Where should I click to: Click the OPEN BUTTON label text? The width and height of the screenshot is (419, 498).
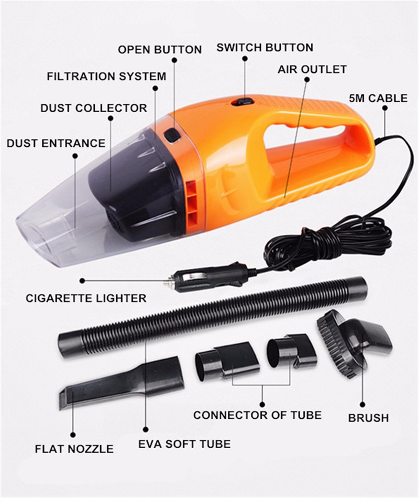click(160, 50)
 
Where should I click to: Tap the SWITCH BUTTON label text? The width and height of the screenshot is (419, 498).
click(264, 48)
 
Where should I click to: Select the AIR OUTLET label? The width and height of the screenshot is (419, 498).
click(312, 69)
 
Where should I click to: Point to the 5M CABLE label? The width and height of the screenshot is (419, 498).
click(378, 98)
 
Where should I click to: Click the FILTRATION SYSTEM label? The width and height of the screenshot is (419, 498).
click(107, 77)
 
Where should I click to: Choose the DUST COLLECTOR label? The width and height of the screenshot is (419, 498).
click(94, 108)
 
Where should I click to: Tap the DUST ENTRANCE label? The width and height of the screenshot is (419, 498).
click(56, 143)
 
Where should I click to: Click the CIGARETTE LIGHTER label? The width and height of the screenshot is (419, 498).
click(86, 298)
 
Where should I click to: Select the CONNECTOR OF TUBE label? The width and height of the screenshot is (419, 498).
click(258, 415)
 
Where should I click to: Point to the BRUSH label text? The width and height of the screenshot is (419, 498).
click(369, 418)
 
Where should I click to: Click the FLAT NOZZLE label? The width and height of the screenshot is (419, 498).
click(74, 449)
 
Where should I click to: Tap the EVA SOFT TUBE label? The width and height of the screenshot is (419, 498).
click(184, 444)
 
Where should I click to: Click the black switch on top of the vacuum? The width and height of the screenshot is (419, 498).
click(242, 102)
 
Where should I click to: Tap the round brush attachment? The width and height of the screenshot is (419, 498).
click(354, 343)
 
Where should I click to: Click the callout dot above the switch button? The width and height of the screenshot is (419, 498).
click(245, 59)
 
